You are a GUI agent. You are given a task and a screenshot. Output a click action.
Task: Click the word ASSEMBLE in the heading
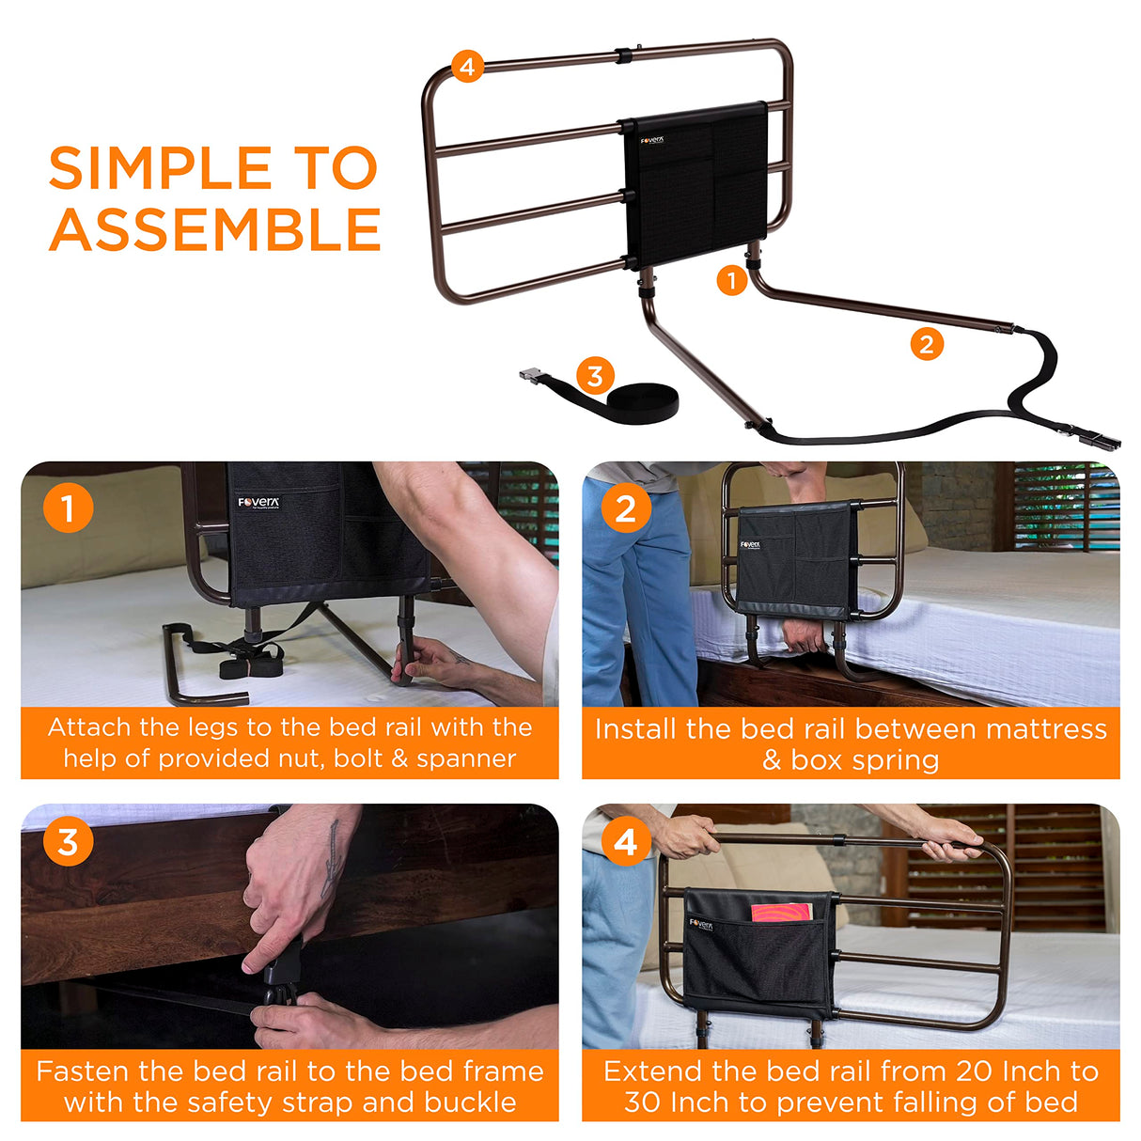point(215,230)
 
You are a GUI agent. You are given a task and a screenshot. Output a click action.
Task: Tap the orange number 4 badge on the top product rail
point(467,67)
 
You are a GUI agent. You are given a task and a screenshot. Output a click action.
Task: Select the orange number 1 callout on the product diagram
point(731,280)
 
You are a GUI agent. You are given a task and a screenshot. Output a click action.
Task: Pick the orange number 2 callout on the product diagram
point(926,345)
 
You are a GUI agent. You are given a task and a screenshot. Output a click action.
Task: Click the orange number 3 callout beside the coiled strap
point(594,376)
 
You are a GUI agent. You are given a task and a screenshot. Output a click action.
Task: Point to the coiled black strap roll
point(643,403)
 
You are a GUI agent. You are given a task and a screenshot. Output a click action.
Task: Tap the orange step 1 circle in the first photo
point(68,508)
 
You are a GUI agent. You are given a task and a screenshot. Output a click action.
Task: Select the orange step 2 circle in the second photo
point(625,508)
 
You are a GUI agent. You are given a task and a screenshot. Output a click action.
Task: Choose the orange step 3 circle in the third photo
point(68,841)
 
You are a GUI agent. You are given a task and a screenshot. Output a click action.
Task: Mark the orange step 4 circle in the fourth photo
point(625,841)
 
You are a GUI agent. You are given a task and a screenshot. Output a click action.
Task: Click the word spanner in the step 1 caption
point(466,758)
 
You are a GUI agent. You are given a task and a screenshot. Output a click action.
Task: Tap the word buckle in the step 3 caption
point(470,1102)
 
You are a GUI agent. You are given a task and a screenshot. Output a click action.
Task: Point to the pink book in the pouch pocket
point(781,913)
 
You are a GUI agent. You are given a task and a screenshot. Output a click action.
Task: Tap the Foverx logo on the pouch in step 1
point(258,503)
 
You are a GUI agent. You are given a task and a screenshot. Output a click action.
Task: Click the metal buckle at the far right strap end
point(1099,438)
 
